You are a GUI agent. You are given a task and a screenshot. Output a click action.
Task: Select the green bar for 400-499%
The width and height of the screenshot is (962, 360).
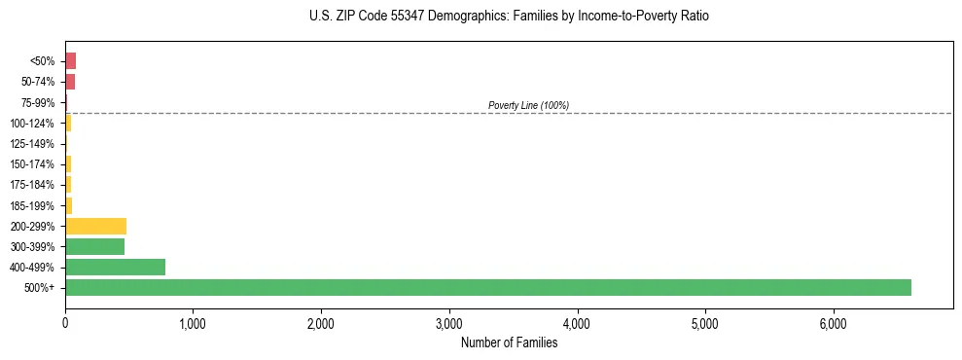(x=115, y=267)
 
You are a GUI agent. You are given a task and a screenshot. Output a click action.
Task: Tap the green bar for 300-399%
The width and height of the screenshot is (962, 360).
(x=94, y=246)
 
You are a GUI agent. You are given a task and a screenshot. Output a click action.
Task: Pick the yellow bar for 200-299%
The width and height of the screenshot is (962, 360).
(x=95, y=226)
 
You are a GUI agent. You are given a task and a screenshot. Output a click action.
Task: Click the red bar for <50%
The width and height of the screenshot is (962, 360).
(x=70, y=60)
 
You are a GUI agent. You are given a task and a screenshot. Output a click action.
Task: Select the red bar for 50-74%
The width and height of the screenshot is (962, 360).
(x=70, y=81)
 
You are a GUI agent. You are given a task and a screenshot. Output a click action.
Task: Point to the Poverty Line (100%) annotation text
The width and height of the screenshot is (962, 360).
(x=528, y=105)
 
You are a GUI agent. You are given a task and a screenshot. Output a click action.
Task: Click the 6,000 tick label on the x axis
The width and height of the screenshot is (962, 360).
(x=834, y=323)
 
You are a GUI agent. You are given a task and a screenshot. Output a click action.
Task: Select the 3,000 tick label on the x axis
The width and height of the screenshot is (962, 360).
(x=449, y=323)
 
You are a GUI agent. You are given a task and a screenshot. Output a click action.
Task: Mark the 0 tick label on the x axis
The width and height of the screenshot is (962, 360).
(x=65, y=323)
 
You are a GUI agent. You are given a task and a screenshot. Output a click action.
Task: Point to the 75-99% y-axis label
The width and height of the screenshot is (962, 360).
(x=38, y=102)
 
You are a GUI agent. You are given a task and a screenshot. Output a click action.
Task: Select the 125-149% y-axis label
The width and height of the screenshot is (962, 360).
(x=34, y=144)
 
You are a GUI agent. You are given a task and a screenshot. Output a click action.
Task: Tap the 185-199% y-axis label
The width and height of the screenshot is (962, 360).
(x=34, y=205)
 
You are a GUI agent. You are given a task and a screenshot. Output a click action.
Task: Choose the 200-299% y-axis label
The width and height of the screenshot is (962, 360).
(x=34, y=227)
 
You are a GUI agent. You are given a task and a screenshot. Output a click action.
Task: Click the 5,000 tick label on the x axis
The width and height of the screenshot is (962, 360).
(x=705, y=323)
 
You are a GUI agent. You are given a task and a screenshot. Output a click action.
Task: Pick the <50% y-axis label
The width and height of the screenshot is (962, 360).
(x=42, y=61)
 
